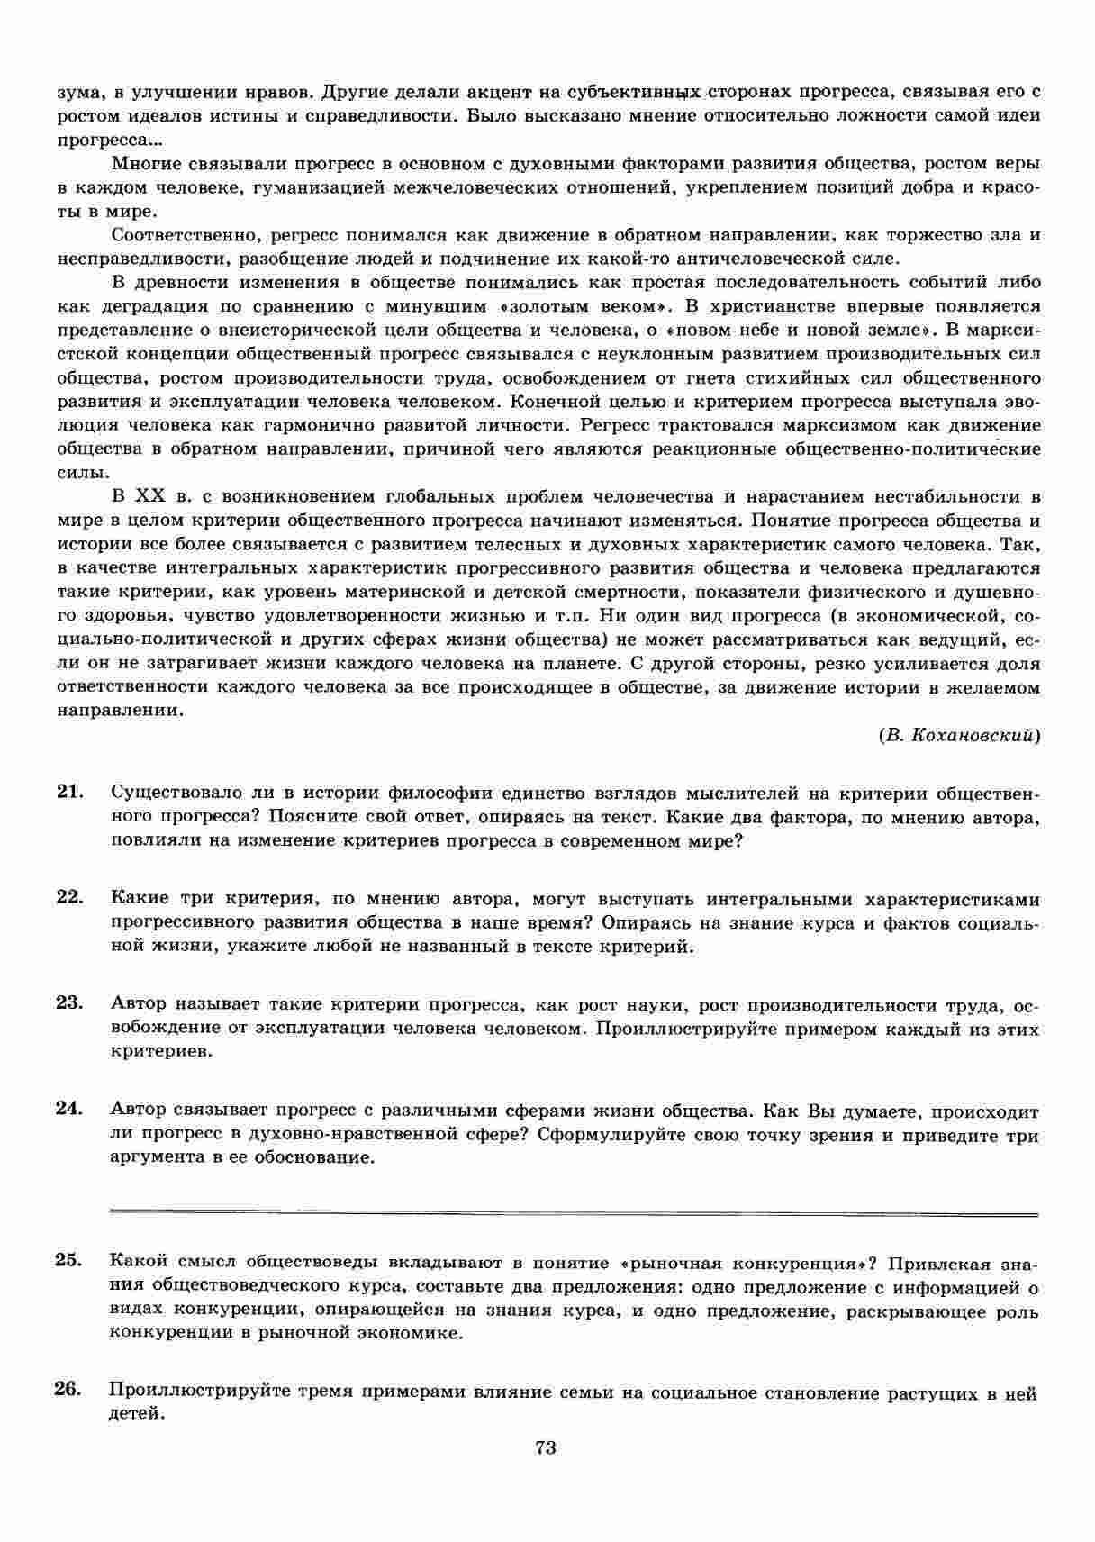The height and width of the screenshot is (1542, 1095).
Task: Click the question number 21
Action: (x=69, y=793)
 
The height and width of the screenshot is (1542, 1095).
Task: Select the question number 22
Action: (x=69, y=898)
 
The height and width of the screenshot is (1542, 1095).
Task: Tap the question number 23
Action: (x=69, y=1003)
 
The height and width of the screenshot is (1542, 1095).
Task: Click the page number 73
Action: (x=546, y=1447)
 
